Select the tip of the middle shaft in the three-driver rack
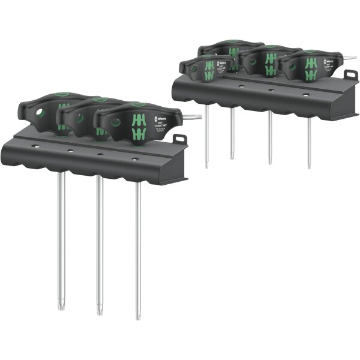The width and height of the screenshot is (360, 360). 100,312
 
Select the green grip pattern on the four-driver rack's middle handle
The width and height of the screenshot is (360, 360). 271,63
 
